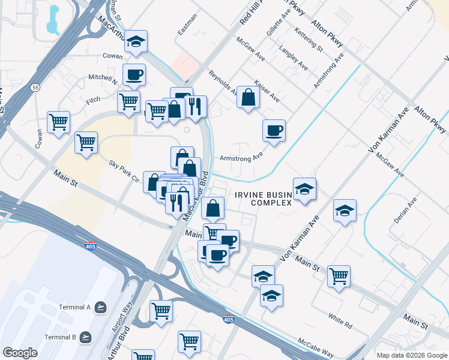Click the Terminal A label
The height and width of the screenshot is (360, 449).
point(74,307)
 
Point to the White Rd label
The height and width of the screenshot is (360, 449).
point(340,319)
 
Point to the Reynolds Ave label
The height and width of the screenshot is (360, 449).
point(223,82)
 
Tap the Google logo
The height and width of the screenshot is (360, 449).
point(20,353)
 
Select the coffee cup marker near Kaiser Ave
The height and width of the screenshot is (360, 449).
point(274,130)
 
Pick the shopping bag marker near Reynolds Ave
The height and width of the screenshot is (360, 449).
point(248,96)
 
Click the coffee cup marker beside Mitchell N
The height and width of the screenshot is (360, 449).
point(134,74)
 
